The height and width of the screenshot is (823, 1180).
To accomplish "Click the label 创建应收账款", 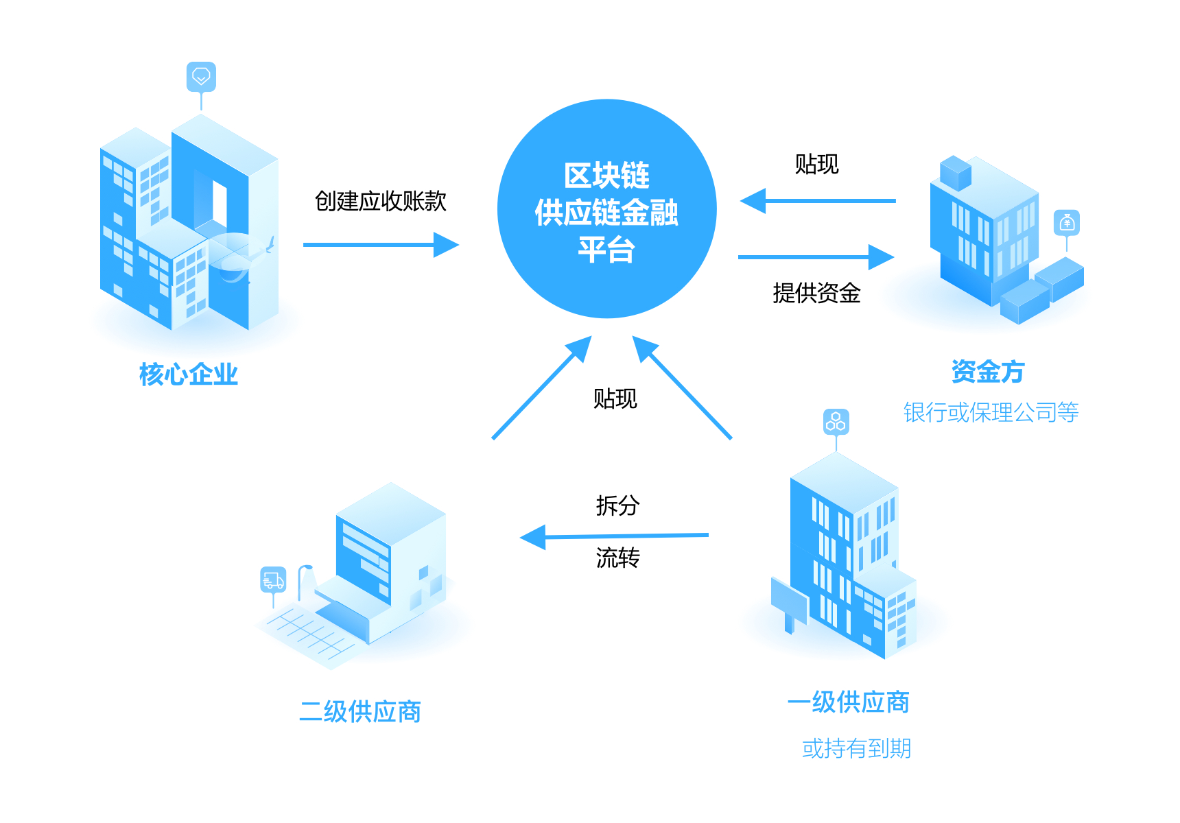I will (380, 201).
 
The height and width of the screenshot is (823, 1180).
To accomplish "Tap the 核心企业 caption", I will (188, 374).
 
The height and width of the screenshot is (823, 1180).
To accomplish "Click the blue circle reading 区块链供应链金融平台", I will (606, 209).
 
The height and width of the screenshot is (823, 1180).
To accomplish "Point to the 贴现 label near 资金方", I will (816, 165).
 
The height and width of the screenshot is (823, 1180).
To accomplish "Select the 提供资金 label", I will (816, 293).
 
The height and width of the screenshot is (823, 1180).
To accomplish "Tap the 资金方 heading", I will (987, 372).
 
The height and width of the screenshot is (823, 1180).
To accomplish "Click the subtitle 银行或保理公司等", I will (991, 412).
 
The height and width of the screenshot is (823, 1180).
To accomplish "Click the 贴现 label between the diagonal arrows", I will (615, 398).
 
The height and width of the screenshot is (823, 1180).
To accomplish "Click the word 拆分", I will (617, 505).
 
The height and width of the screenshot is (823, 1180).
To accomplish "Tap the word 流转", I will (617, 558).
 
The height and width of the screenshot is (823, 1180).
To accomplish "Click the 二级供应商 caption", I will (360, 712).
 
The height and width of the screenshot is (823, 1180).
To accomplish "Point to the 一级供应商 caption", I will (849, 702).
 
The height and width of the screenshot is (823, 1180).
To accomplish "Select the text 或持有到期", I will (856, 748).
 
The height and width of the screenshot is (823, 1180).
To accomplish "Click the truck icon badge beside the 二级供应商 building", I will (273, 580).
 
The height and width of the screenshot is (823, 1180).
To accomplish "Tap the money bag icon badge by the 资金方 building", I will (1067, 223).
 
